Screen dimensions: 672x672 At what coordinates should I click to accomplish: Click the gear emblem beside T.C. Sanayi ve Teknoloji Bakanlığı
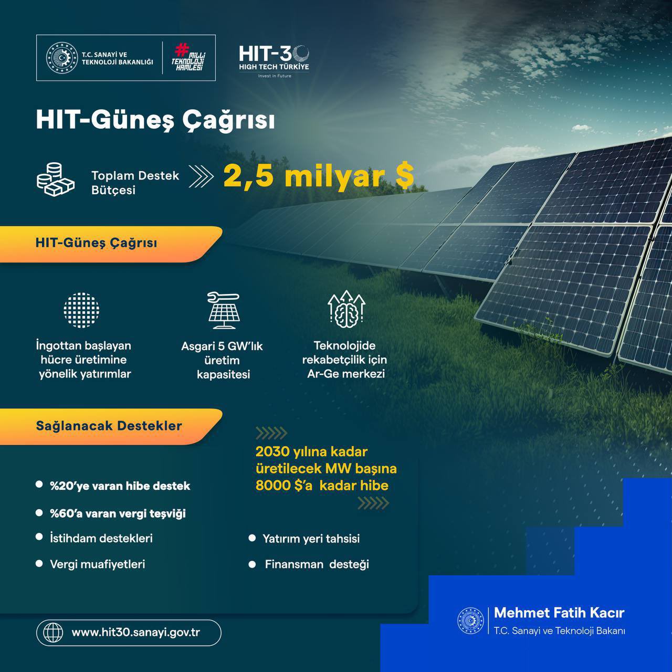coord(62,58)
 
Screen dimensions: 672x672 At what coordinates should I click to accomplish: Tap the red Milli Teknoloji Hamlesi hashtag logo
coord(188,57)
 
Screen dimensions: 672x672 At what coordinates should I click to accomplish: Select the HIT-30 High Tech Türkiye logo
coord(274,61)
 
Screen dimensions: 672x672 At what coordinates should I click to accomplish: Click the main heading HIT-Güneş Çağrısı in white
coord(155,120)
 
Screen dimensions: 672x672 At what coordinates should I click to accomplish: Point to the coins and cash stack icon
coord(56,180)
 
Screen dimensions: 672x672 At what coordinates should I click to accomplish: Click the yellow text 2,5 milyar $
coord(318,176)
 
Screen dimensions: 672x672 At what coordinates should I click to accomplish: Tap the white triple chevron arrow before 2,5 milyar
coord(201,176)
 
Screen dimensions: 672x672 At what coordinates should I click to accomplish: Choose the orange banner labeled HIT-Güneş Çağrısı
coord(111,244)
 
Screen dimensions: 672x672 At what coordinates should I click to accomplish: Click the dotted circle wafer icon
coord(81,310)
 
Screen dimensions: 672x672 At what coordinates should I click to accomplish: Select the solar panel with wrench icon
coord(224,310)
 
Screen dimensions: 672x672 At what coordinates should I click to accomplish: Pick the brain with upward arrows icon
coord(346,309)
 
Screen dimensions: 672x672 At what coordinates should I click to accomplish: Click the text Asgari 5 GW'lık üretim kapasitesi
coord(222,360)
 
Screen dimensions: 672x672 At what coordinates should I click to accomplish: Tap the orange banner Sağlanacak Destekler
coord(111,426)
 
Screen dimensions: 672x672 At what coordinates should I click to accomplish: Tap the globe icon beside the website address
coord(53,632)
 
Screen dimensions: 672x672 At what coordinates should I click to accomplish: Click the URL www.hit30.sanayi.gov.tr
coord(135,633)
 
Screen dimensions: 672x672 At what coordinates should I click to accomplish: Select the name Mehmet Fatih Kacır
coord(559,613)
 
